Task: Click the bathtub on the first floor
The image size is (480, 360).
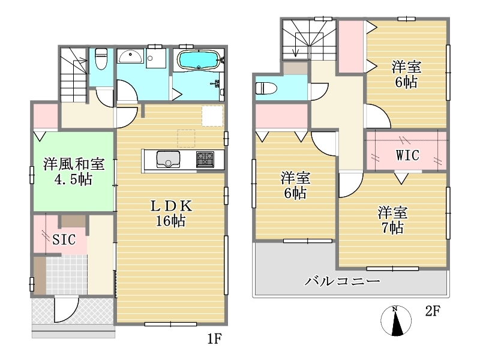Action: (x=199, y=60)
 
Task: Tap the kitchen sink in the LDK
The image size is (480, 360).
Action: (x=168, y=159)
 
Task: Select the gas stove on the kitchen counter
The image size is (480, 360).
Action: (x=205, y=160)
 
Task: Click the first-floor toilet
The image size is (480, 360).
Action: (x=101, y=59)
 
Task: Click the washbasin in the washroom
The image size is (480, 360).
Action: (x=130, y=56)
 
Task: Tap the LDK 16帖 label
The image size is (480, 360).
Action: (x=171, y=214)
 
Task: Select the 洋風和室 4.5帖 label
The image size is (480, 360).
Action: (x=73, y=172)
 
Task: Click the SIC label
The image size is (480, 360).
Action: (x=64, y=239)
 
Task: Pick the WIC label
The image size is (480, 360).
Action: (x=407, y=155)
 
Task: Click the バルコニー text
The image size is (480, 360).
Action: (x=342, y=281)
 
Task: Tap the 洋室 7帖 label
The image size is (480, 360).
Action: (x=392, y=220)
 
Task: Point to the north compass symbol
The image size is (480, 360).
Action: (x=396, y=320)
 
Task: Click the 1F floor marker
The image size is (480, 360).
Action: (x=214, y=338)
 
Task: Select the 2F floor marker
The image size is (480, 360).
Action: (x=433, y=311)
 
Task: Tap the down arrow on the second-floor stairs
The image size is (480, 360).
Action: (x=295, y=44)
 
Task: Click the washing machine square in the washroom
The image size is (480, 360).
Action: (x=156, y=58)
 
